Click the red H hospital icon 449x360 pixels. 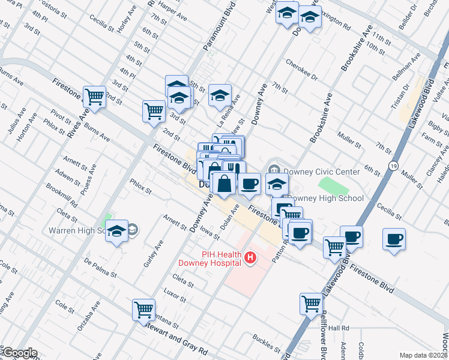click(250, 259)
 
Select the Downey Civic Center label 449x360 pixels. click(322, 172)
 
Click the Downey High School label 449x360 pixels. click(326, 198)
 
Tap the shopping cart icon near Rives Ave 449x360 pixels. click(94, 96)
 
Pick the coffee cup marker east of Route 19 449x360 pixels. click(394, 239)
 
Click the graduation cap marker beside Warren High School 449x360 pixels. click(116, 232)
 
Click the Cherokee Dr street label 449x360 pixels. click(300, 68)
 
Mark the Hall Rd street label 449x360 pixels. click(338, 328)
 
